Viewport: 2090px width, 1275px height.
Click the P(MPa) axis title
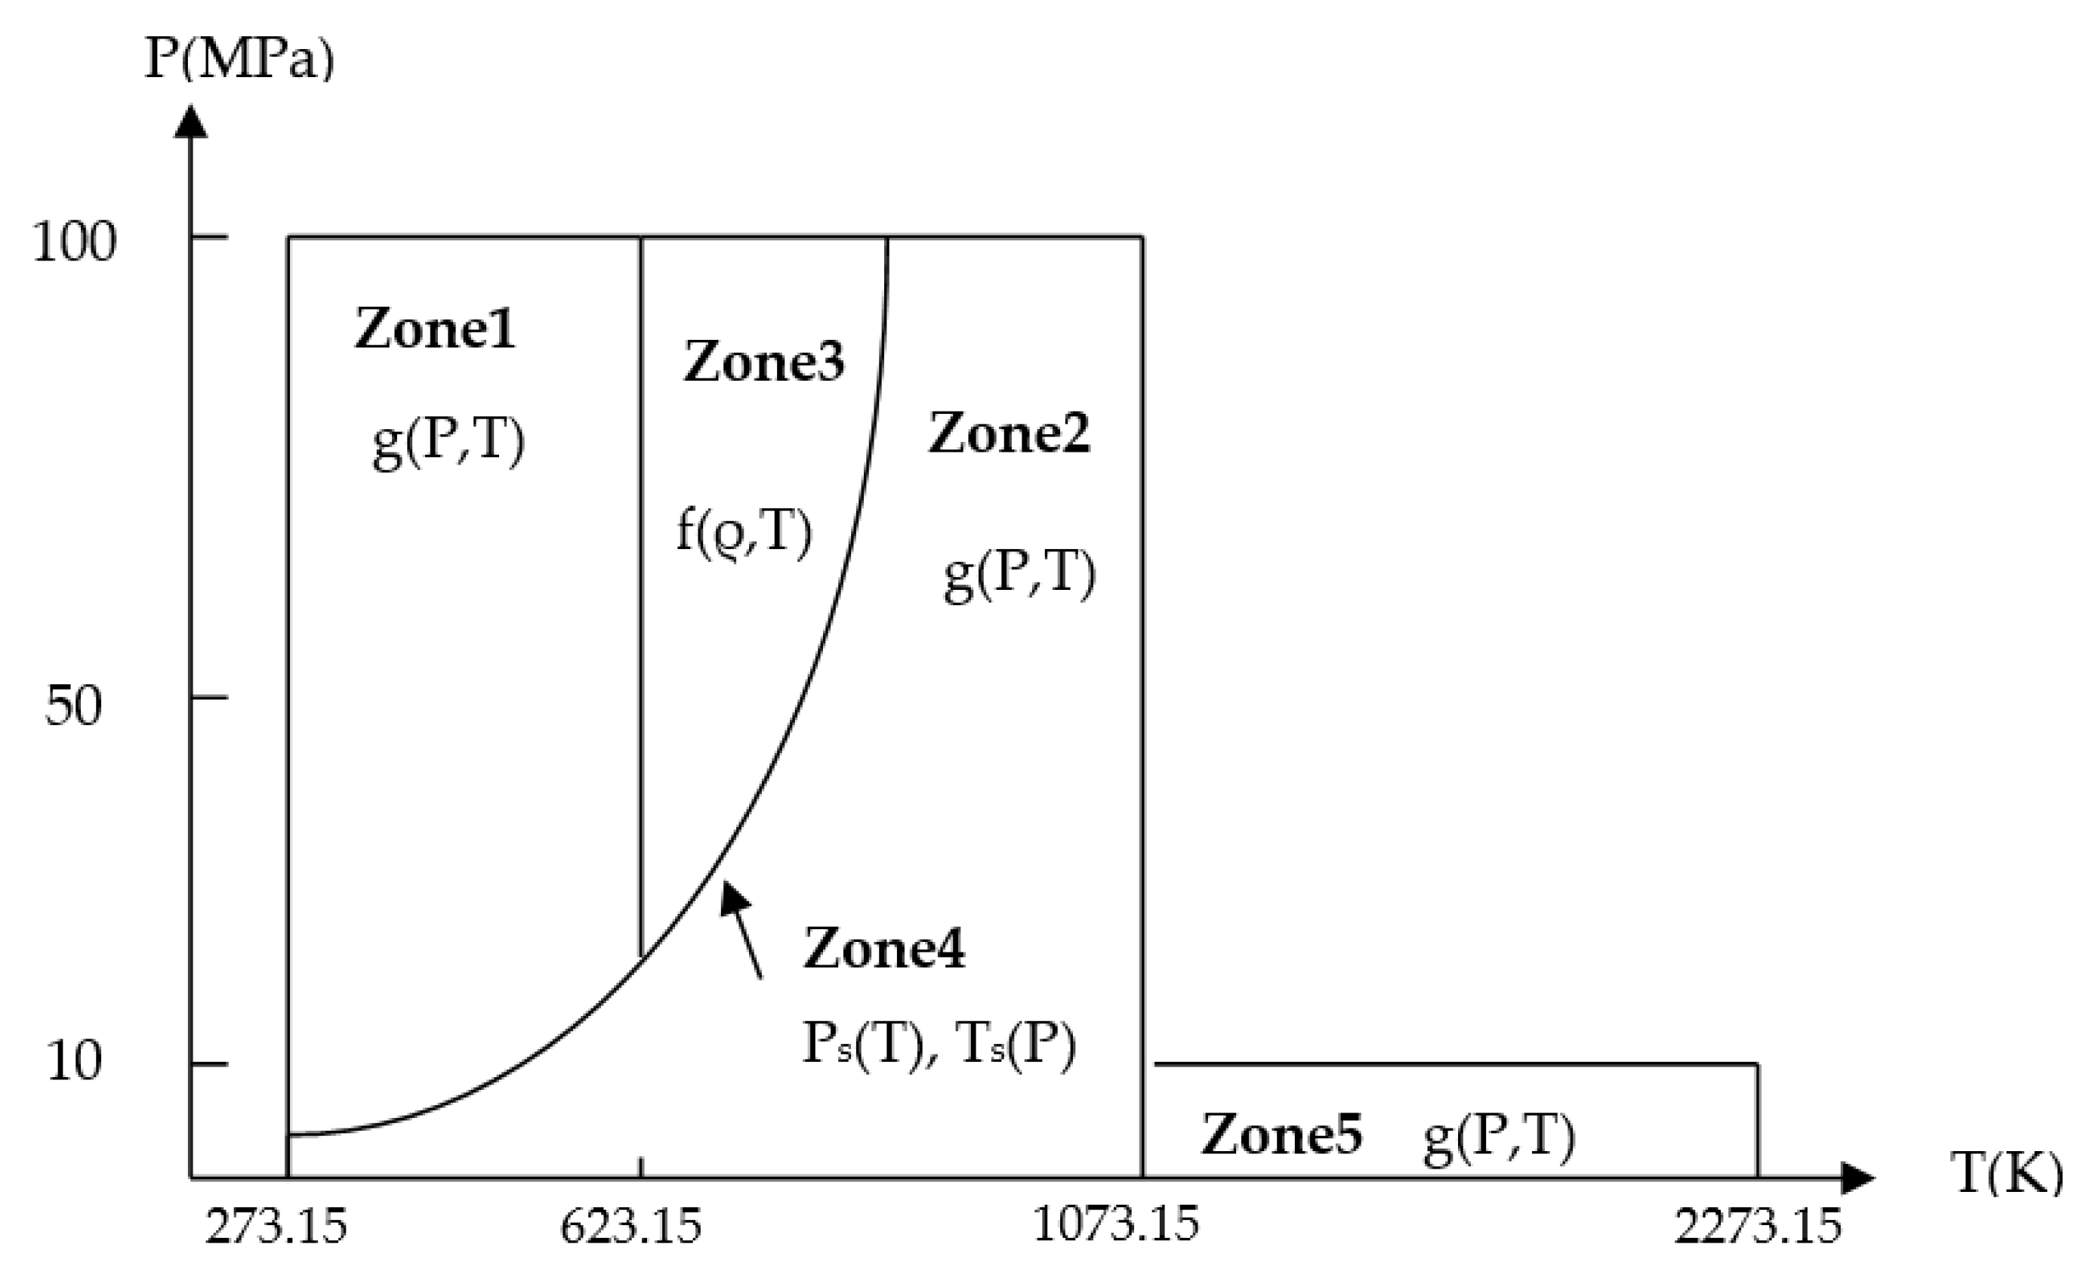240,60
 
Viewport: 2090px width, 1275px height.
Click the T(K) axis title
2006,1173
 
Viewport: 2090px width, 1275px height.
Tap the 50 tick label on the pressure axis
74,704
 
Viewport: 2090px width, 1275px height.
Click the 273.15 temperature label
276,1227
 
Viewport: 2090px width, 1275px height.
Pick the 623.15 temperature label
631,1227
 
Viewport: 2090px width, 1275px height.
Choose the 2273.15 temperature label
1759,1227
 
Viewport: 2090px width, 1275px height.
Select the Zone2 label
1010,434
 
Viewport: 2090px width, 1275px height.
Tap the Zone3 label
764,361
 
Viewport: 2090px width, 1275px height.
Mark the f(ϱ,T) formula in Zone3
744,532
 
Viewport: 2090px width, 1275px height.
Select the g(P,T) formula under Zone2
1019,575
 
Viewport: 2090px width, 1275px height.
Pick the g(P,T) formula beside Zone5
1499,1137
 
